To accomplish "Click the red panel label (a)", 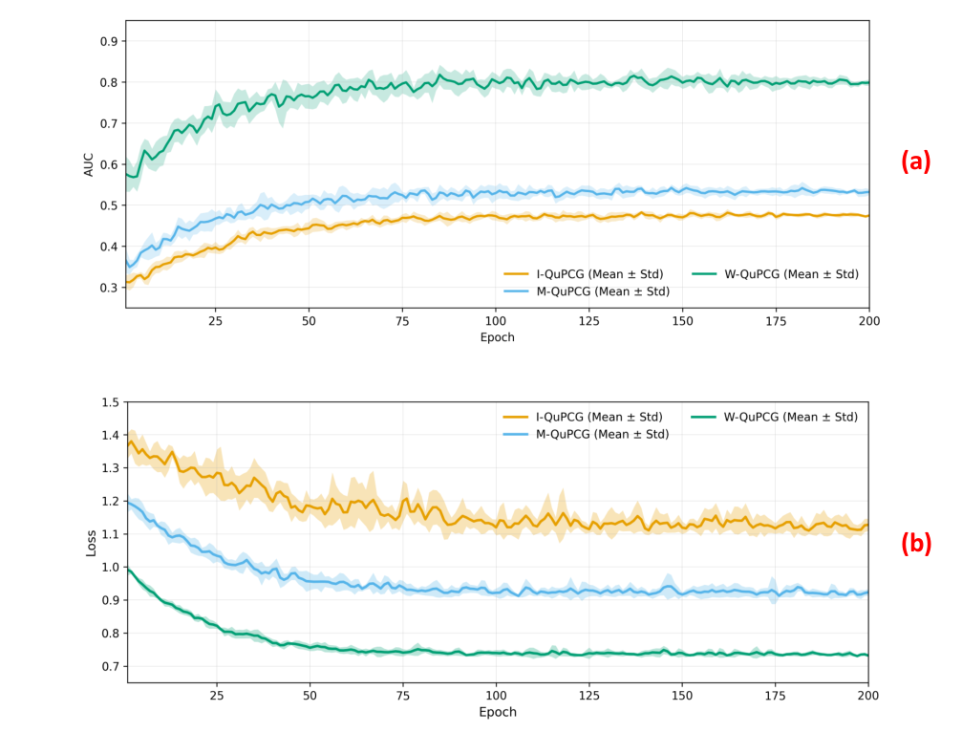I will [915, 162].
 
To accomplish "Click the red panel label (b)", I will [915, 543].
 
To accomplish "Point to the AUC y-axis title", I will [90, 164].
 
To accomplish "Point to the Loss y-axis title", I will [92, 543].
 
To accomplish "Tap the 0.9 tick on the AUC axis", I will [108, 41].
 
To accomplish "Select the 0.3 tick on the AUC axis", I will [108, 288].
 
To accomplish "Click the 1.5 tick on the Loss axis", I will [110, 402].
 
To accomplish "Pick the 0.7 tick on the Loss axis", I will [110, 666].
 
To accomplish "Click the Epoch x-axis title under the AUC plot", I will [497, 337].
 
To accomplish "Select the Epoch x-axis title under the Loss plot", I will [497, 712].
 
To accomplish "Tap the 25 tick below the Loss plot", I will [216, 697].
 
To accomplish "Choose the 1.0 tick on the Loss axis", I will [110, 568].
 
